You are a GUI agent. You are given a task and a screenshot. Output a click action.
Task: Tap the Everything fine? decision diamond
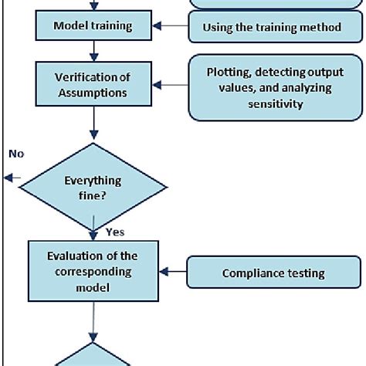tap(93, 188)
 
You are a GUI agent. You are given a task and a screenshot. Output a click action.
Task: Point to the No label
tap(16, 154)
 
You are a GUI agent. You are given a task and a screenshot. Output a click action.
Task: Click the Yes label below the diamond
tap(114, 231)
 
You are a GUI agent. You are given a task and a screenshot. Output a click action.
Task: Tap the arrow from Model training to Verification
tap(93, 51)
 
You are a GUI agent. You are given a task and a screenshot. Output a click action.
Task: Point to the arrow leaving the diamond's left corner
tap(12, 178)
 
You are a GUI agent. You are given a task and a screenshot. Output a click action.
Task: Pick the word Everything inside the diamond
tap(93, 181)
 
